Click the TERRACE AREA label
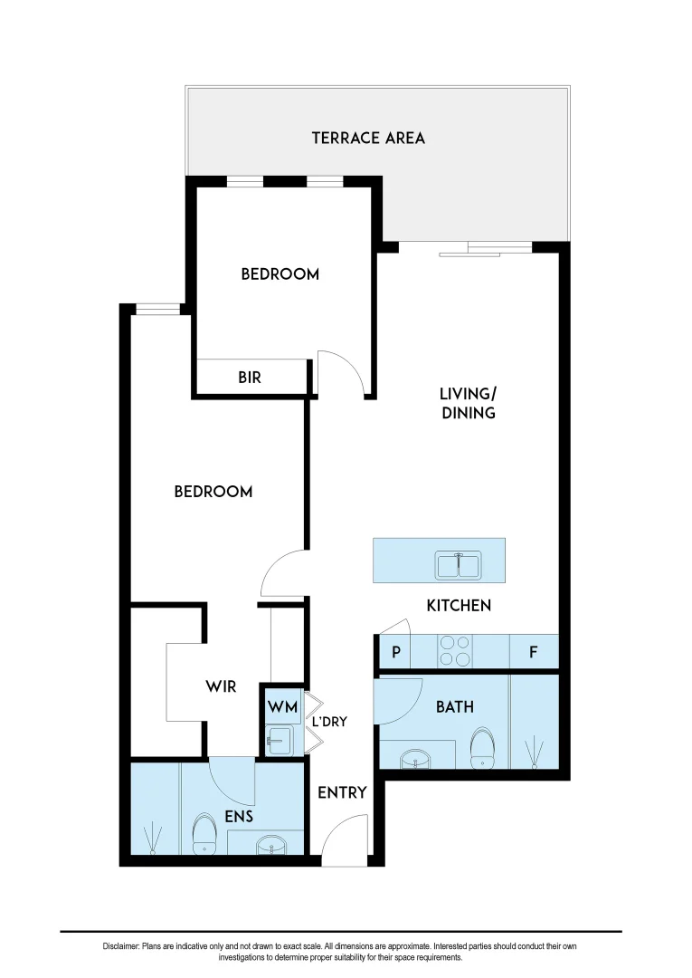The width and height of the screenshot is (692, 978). (368, 138)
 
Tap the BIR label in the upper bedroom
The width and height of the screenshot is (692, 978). (250, 378)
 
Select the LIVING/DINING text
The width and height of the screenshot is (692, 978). (468, 403)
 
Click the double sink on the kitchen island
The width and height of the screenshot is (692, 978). (459, 565)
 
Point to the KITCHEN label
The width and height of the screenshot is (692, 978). (459, 605)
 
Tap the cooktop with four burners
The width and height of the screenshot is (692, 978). (455, 651)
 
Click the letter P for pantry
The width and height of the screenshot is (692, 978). (395, 652)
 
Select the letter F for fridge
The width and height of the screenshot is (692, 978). (533, 652)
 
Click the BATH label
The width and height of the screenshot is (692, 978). (454, 706)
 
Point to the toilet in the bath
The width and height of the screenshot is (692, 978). (483, 747)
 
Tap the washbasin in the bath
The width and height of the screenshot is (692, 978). (417, 757)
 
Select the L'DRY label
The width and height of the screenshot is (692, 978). (329, 722)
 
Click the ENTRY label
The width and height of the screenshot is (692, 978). (342, 792)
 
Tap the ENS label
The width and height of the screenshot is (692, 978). (239, 816)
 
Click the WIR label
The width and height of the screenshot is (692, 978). (221, 686)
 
